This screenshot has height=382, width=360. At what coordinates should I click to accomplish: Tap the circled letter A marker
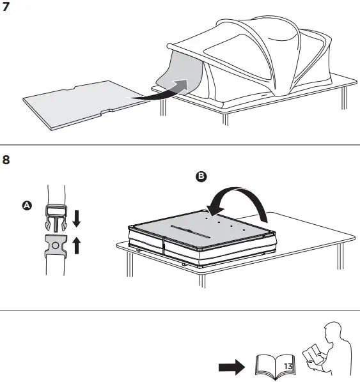tap(26, 206)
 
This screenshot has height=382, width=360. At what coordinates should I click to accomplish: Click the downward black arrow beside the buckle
tap(77, 218)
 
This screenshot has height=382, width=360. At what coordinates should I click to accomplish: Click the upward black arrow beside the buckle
tap(77, 245)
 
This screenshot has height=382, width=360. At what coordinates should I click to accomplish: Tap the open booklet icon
tap(276, 364)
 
